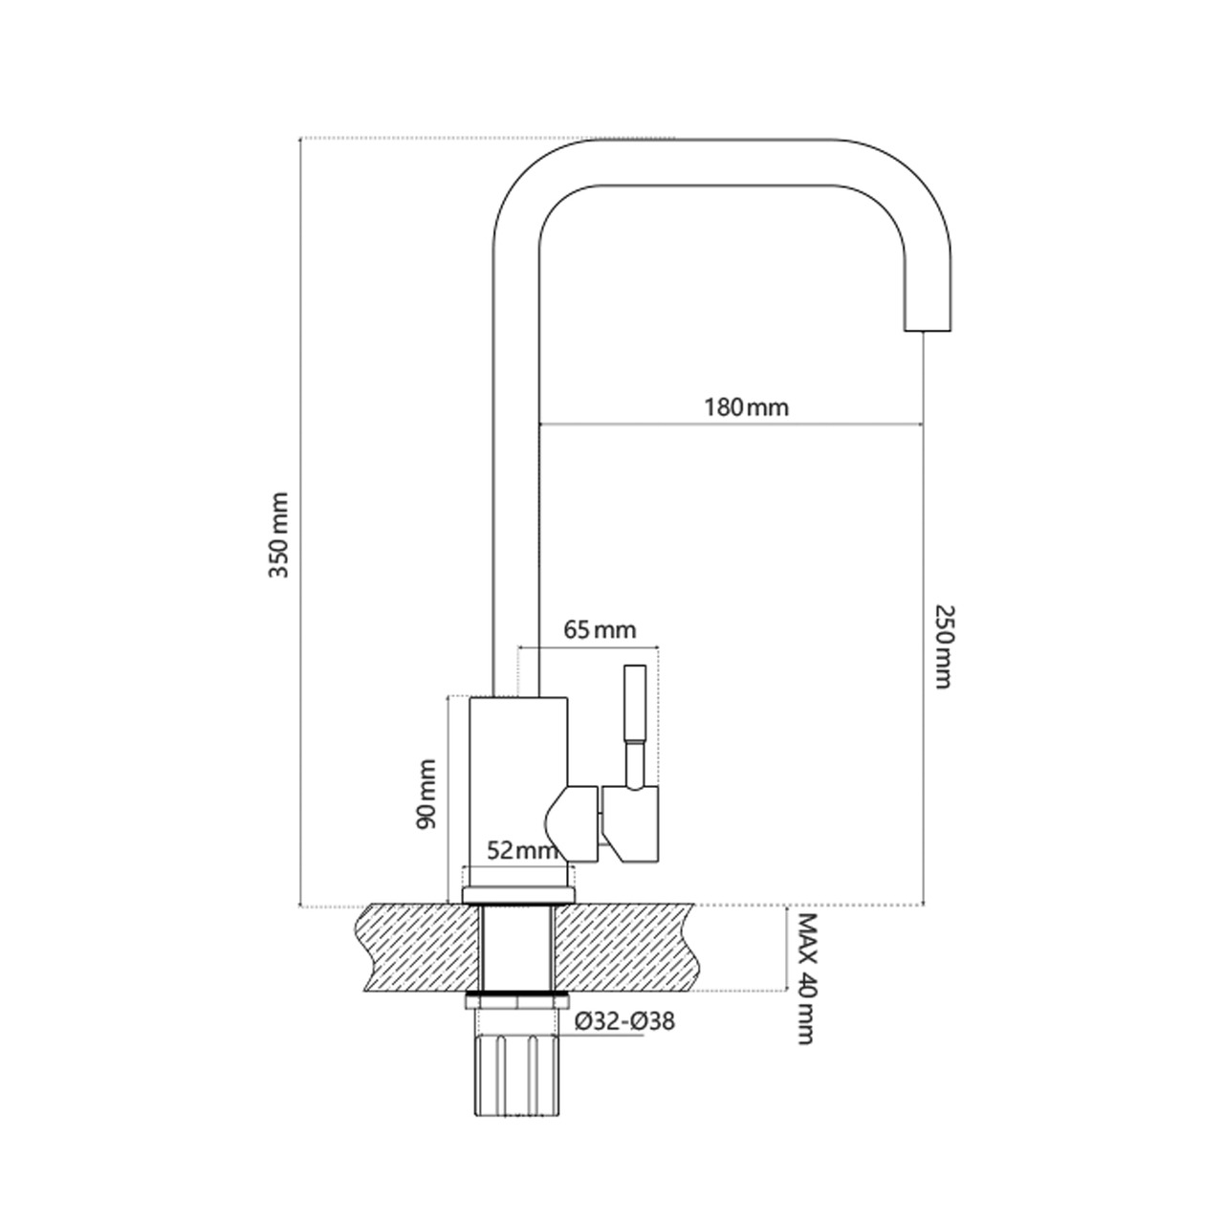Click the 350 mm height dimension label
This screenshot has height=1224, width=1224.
pos(279,535)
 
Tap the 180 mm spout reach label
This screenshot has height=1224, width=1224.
pos(746,407)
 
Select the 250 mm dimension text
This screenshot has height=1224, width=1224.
pos(944,646)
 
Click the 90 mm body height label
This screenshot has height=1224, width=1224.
pos(426,794)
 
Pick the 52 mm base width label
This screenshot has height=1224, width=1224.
pos(522,850)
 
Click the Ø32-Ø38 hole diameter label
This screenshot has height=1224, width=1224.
pos(624,1021)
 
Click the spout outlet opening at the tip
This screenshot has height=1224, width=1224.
pos(927,330)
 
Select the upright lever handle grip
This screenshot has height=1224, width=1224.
pos(635,703)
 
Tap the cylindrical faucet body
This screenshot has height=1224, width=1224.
pos(518,781)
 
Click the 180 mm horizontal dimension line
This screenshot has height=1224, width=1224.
pos(731,424)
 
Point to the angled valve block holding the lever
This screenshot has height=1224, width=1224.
pos(630,824)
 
